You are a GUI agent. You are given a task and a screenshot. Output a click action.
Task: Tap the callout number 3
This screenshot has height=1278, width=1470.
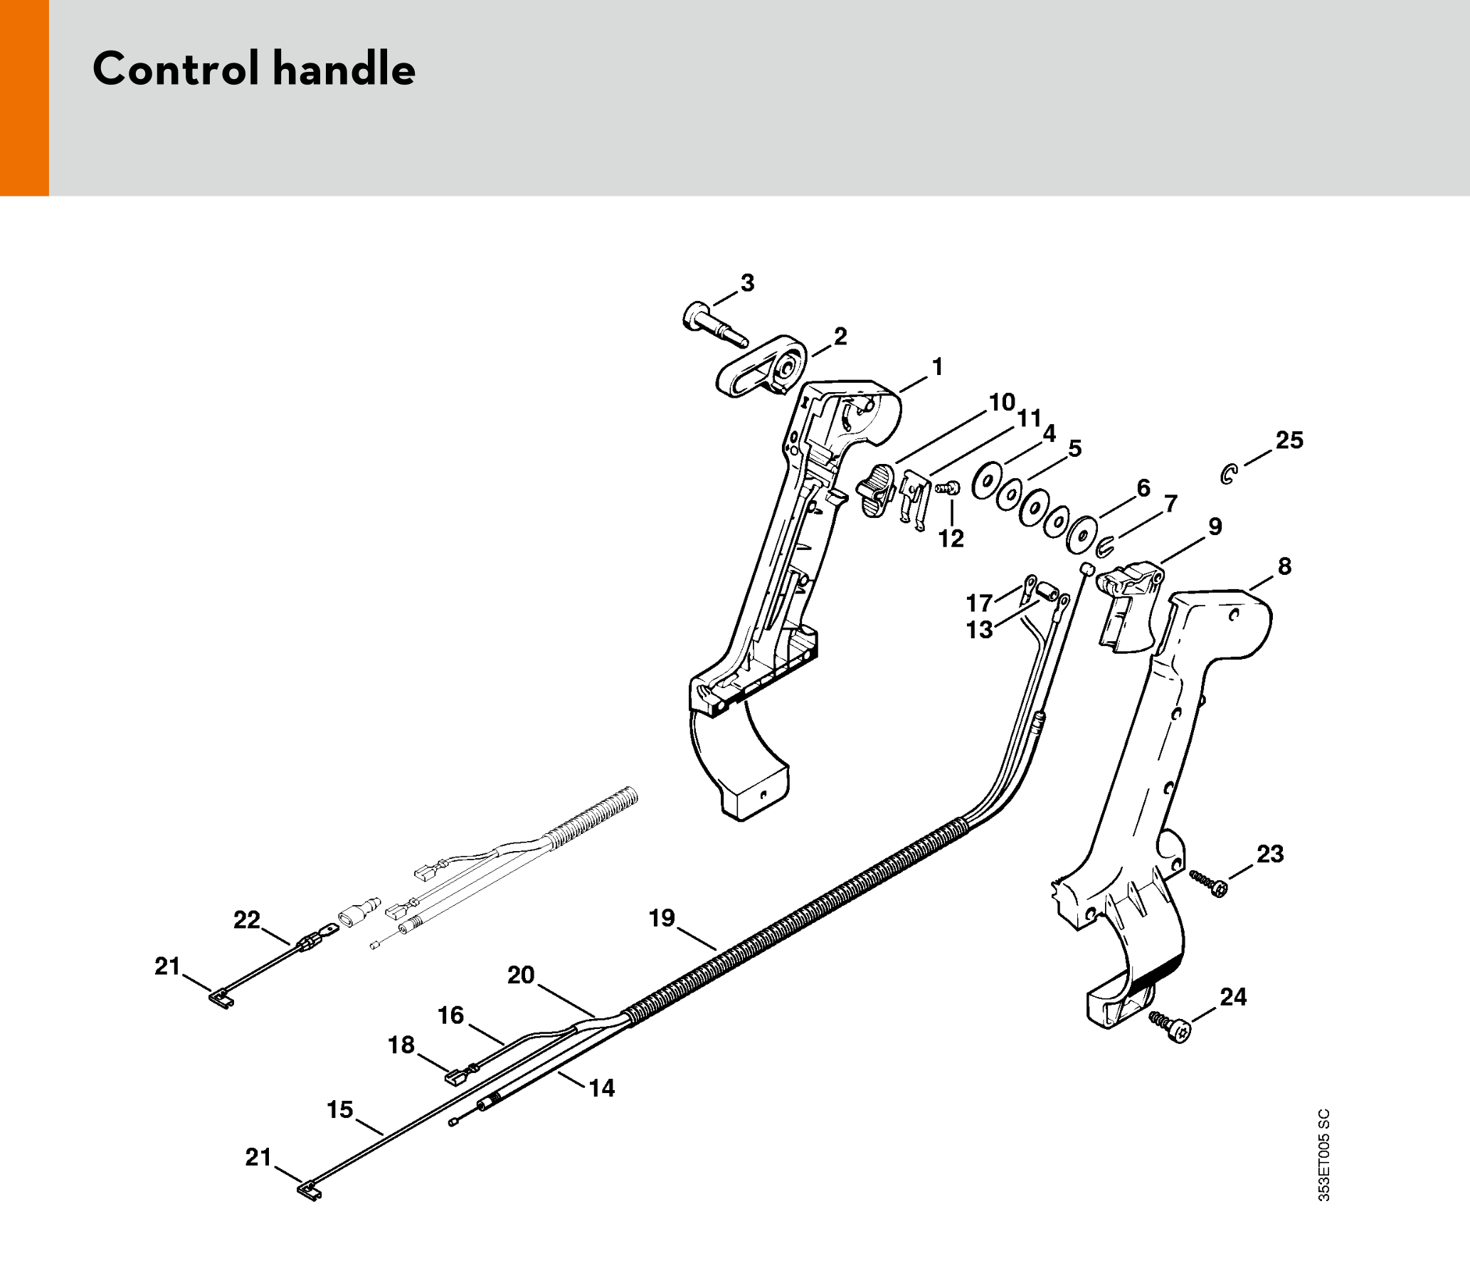[747, 283]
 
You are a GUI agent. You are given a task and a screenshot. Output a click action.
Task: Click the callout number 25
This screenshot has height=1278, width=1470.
[1289, 440]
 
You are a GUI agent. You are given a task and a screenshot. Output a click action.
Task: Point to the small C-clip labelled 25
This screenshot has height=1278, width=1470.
[1228, 474]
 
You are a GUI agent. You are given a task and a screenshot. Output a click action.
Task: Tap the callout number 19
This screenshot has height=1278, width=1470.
[661, 918]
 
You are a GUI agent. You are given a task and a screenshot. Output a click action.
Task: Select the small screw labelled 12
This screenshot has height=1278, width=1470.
[948, 489]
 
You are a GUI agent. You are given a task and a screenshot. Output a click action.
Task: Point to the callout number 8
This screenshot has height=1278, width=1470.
[1284, 566]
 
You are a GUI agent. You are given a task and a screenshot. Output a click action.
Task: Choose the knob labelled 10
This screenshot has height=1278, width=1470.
[876, 490]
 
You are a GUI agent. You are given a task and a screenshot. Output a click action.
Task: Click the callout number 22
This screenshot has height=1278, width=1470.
[247, 920]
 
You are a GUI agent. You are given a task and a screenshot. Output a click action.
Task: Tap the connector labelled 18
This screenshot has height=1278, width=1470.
[458, 1075]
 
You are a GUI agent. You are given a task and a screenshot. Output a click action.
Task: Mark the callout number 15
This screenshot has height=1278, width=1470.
[339, 1109]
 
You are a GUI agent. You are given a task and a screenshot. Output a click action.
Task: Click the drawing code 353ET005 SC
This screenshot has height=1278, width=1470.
[1323, 1155]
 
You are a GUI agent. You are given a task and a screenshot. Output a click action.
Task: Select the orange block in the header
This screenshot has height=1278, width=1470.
[24, 97]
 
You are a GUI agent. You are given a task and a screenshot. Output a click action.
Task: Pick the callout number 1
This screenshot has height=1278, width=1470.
[937, 366]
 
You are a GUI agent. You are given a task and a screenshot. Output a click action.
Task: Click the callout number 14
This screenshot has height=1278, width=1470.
[601, 1087]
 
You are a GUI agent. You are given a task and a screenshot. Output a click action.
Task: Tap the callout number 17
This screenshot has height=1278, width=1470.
[978, 603]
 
